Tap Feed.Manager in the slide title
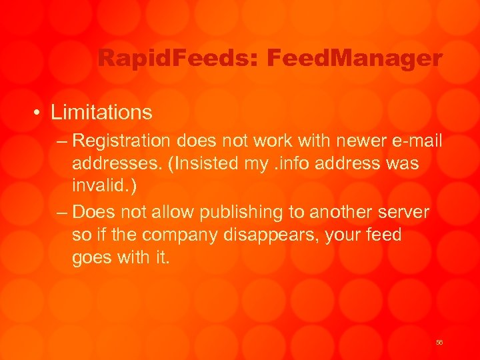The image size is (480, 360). [354, 59]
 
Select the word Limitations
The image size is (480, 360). [101, 112]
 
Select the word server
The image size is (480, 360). [405, 212]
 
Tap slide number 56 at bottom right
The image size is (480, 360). [439, 342]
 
